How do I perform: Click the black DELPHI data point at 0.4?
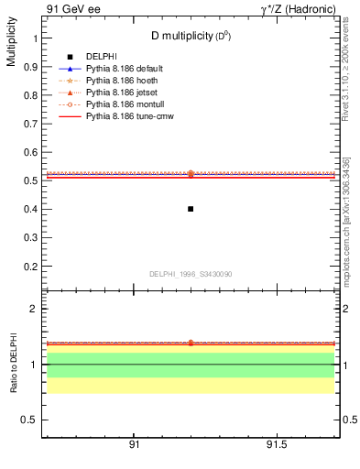pyautogui.click(x=191, y=209)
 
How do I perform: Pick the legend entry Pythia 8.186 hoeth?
pyautogui.click(x=115, y=82)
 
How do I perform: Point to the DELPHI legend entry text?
pyautogui.click(x=101, y=58)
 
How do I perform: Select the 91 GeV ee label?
pyautogui.click(x=67, y=9)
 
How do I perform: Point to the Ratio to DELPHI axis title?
pyautogui.click(x=13, y=365)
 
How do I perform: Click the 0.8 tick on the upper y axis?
pyautogui.click(x=31, y=95)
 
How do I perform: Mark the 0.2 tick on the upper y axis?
pyautogui.click(x=31, y=266)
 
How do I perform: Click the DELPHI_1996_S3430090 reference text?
pyautogui.click(x=189, y=274)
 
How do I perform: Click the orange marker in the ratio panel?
pyautogui.click(x=191, y=343)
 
